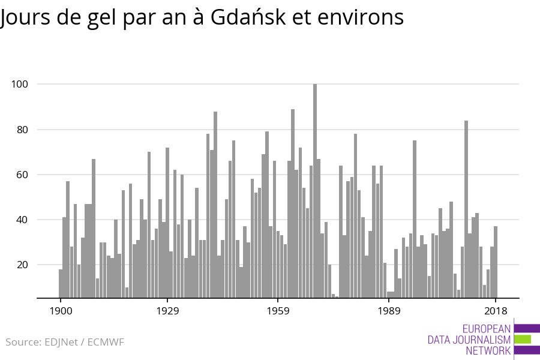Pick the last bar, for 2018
(496, 262)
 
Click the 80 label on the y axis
(22, 130)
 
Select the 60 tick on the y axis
(22, 175)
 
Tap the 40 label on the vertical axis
(22, 220)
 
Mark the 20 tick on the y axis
(22, 265)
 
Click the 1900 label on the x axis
(60, 311)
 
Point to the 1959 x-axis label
(278, 311)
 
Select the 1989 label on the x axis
(389, 311)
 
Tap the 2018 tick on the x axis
(496, 311)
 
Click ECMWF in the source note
(106, 343)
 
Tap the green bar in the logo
(522, 339)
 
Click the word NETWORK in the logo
(488, 351)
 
